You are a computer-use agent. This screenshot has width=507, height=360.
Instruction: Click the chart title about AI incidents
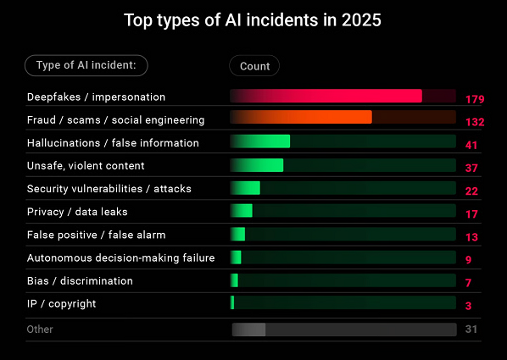coord(253,19)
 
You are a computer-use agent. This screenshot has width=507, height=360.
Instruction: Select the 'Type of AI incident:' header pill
coord(86,65)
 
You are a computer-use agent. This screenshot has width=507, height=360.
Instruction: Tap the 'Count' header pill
coord(254,66)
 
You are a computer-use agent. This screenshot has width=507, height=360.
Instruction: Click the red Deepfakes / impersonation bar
coord(326,97)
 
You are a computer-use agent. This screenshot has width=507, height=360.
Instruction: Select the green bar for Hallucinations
coord(260,142)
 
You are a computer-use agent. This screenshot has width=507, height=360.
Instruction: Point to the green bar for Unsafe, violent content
coord(257,165)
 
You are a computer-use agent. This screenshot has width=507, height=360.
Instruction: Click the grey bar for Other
coord(249,329)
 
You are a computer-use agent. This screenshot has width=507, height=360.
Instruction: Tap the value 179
coord(474,99)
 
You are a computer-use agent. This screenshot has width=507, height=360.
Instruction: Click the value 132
coord(474,122)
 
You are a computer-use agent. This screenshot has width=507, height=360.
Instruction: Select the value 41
coord(471,145)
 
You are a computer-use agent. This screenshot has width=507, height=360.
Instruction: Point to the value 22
coord(471,191)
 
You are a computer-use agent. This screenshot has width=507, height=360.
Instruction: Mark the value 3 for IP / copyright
coord(468,305)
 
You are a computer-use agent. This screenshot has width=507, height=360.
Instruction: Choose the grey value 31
coord(471,329)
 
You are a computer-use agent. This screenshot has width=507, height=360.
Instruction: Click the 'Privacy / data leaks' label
coord(77,212)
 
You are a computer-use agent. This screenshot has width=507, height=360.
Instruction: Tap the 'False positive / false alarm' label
coord(96,235)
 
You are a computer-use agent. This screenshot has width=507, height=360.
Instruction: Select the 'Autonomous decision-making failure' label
coord(120,258)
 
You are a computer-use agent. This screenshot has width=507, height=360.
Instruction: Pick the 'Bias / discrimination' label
coord(80,280)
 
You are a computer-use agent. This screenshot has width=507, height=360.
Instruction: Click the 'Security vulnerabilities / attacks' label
coord(109,189)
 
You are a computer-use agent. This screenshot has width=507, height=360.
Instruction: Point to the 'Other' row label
coord(40,329)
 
